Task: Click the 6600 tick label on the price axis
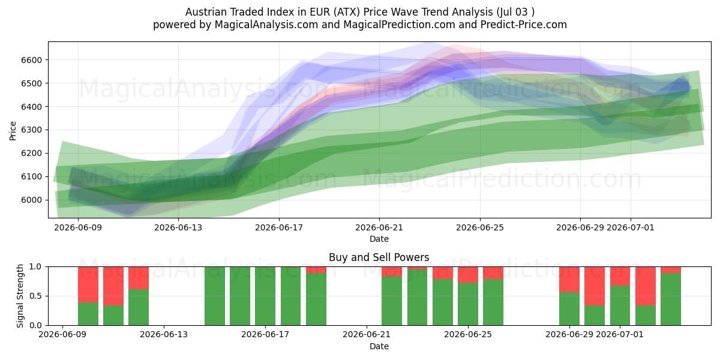click(31, 60)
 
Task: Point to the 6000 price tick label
click(31, 200)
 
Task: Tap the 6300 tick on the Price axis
click(31, 130)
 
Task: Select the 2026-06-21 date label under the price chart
click(379, 227)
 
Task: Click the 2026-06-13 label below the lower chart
click(164, 334)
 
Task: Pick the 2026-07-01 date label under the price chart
click(631, 227)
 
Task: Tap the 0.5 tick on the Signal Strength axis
click(35, 296)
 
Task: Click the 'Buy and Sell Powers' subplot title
click(379, 257)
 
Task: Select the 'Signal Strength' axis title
click(20, 296)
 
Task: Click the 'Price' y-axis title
click(13, 131)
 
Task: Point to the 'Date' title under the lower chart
click(379, 346)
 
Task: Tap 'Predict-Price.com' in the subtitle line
click(524, 25)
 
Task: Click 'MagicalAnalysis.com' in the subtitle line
click(266, 25)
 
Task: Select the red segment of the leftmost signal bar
click(88, 284)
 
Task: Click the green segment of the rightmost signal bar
click(671, 299)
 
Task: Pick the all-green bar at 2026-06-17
click(265, 296)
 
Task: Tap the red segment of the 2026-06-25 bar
click(467, 275)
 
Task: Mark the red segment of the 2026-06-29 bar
click(569, 280)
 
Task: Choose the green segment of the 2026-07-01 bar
click(620, 305)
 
